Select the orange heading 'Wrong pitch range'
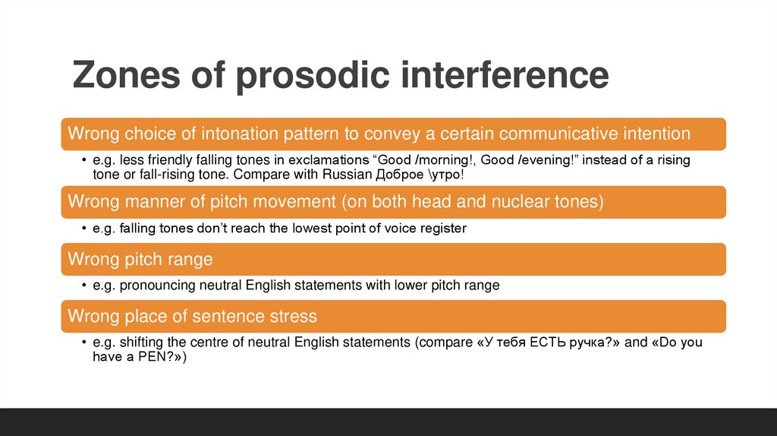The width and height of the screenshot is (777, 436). coord(140,259)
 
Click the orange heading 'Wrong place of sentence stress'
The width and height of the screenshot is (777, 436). coord(193,315)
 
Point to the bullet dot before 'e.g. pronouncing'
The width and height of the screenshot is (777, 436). coord(84,286)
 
